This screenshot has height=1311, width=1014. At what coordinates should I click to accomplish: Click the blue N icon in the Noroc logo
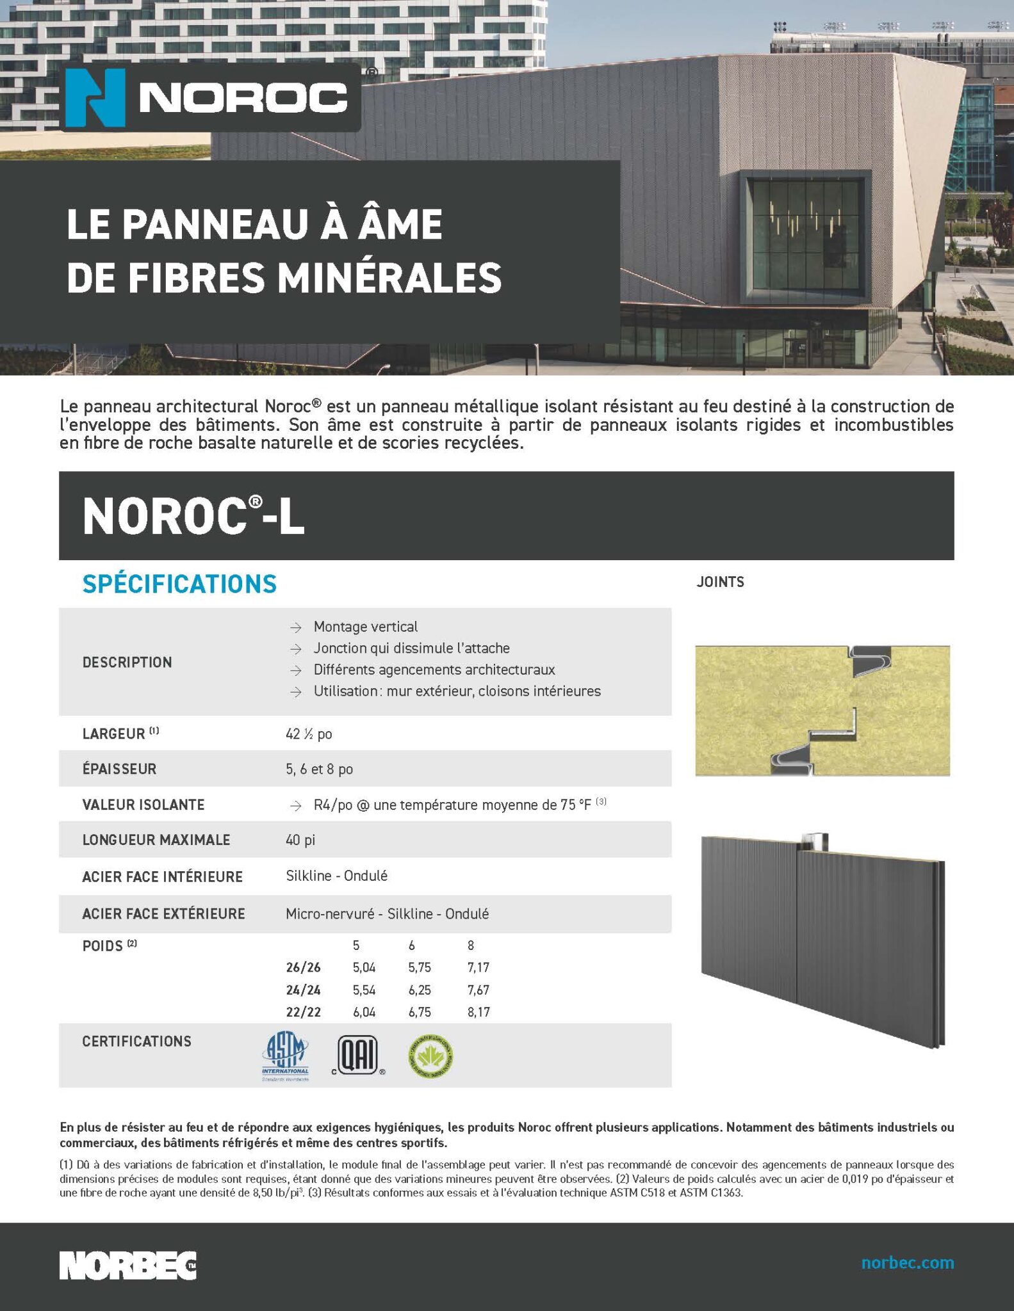[x=95, y=97]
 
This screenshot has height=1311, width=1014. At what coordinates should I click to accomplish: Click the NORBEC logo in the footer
[x=128, y=1266]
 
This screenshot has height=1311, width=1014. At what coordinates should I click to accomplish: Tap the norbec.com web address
[x=907, y=1262]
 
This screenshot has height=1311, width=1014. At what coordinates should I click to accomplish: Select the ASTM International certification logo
[x=286, y=1057]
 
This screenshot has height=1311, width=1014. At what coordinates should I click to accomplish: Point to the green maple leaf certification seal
[x=430, y=1056]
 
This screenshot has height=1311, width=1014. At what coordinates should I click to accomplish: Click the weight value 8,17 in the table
[x=478, y=1012]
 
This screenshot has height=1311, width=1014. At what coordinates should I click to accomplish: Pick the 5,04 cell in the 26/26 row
[x=364, y=967]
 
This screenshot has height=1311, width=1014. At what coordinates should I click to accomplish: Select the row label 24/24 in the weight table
[x=303, y=990]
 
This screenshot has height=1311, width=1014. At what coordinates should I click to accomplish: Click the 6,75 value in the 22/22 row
[x=420, y=1012]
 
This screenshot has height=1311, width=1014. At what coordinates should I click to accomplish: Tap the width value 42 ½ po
[x=309, y=734]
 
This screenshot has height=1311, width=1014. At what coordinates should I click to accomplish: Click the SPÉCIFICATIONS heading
[x=179, y=584]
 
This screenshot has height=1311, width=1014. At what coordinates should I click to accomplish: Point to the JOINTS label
[x=720, y=582]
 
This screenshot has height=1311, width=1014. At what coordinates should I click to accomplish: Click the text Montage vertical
[x=365, y=627]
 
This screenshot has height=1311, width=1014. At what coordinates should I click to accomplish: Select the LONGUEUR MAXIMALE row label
[x=156, y=840]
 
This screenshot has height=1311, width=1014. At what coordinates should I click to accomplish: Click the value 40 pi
[x=300, y=840]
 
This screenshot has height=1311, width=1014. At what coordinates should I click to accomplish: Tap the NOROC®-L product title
[x=193, y=517]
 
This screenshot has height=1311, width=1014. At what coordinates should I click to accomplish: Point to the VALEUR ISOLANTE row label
[x=143, y=805]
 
